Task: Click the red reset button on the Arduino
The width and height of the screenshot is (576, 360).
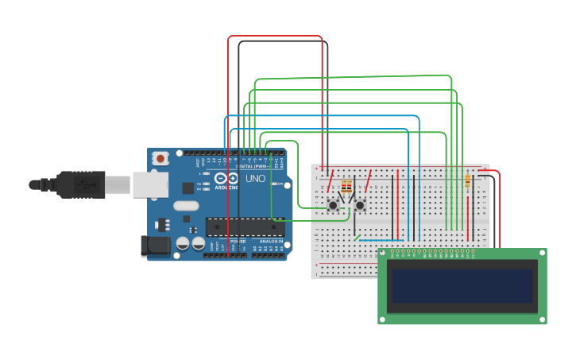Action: [x=161, y=158]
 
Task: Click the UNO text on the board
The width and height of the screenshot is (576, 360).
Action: [x=255, y=179]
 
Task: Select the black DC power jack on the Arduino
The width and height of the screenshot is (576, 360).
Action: [x=156, y=246]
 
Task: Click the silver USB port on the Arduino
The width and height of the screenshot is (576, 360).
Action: [x=149, y=184]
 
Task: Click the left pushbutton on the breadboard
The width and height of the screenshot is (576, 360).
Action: [x=334, y=206]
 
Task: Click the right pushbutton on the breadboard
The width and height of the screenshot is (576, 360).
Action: [x=360, y=206]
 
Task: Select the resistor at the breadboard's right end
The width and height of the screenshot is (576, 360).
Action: [x=467, y=181]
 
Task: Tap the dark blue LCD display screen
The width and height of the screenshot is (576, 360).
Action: [x=461, y=285]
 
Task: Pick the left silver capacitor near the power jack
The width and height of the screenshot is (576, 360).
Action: [x=183, y=244]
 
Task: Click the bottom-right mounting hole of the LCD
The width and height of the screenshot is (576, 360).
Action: [x=543, y=320]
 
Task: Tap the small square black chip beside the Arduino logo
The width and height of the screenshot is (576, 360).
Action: [x=187, y=188]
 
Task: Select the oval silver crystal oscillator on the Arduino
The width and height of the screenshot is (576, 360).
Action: [x=185, y=206]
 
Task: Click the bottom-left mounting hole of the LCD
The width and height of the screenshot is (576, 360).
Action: [x=382, y=320]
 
